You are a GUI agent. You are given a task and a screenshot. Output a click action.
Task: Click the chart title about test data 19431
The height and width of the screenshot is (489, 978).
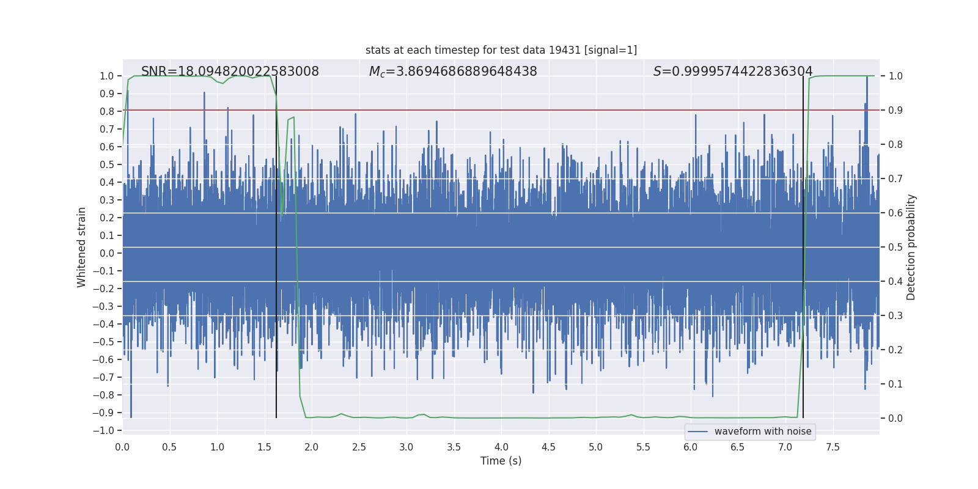point(501,50)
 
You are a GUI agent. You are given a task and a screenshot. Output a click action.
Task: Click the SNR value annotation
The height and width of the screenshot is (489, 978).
point(230,72)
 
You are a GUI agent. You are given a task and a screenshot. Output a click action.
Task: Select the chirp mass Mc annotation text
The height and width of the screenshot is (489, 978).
point(453,72)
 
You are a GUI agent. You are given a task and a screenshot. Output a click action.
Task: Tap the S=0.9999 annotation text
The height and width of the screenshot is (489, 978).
point(733,72)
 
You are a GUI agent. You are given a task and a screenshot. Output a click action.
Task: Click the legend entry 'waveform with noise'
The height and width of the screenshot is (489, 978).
point(762,432)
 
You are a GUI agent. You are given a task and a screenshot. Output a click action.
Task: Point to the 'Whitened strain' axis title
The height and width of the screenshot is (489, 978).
point(81,247)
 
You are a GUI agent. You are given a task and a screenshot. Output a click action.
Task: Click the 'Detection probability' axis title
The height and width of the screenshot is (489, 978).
point(911,247)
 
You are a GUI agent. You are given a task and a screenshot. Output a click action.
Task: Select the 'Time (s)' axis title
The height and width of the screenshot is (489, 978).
point(501,461)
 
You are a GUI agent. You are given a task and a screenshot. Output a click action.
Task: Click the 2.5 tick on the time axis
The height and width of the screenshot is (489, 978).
point(359,447)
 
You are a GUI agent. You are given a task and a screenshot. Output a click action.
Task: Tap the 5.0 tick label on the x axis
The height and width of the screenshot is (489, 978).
point(595,447)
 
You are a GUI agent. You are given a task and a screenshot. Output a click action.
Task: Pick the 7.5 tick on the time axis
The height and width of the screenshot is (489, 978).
point(833,447)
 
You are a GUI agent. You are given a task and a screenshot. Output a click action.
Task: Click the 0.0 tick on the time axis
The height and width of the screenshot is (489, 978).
point(122,447)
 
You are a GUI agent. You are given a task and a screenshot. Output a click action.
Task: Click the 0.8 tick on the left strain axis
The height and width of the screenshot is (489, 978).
point(107,111)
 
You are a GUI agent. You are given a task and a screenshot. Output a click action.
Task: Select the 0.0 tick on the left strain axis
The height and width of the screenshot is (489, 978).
point(107,253)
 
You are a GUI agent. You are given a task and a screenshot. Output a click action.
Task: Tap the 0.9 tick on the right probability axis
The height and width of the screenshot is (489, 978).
point(895,110)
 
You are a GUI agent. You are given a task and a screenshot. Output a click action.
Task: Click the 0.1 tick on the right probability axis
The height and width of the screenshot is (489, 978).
point(895,384)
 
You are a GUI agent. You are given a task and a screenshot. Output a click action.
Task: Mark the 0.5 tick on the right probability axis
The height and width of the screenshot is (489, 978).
point(895,247)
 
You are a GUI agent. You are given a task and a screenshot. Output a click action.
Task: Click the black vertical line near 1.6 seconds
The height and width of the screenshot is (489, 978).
point(276,244)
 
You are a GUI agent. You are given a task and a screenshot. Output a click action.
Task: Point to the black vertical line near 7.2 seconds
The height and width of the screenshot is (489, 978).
point(803,244)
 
